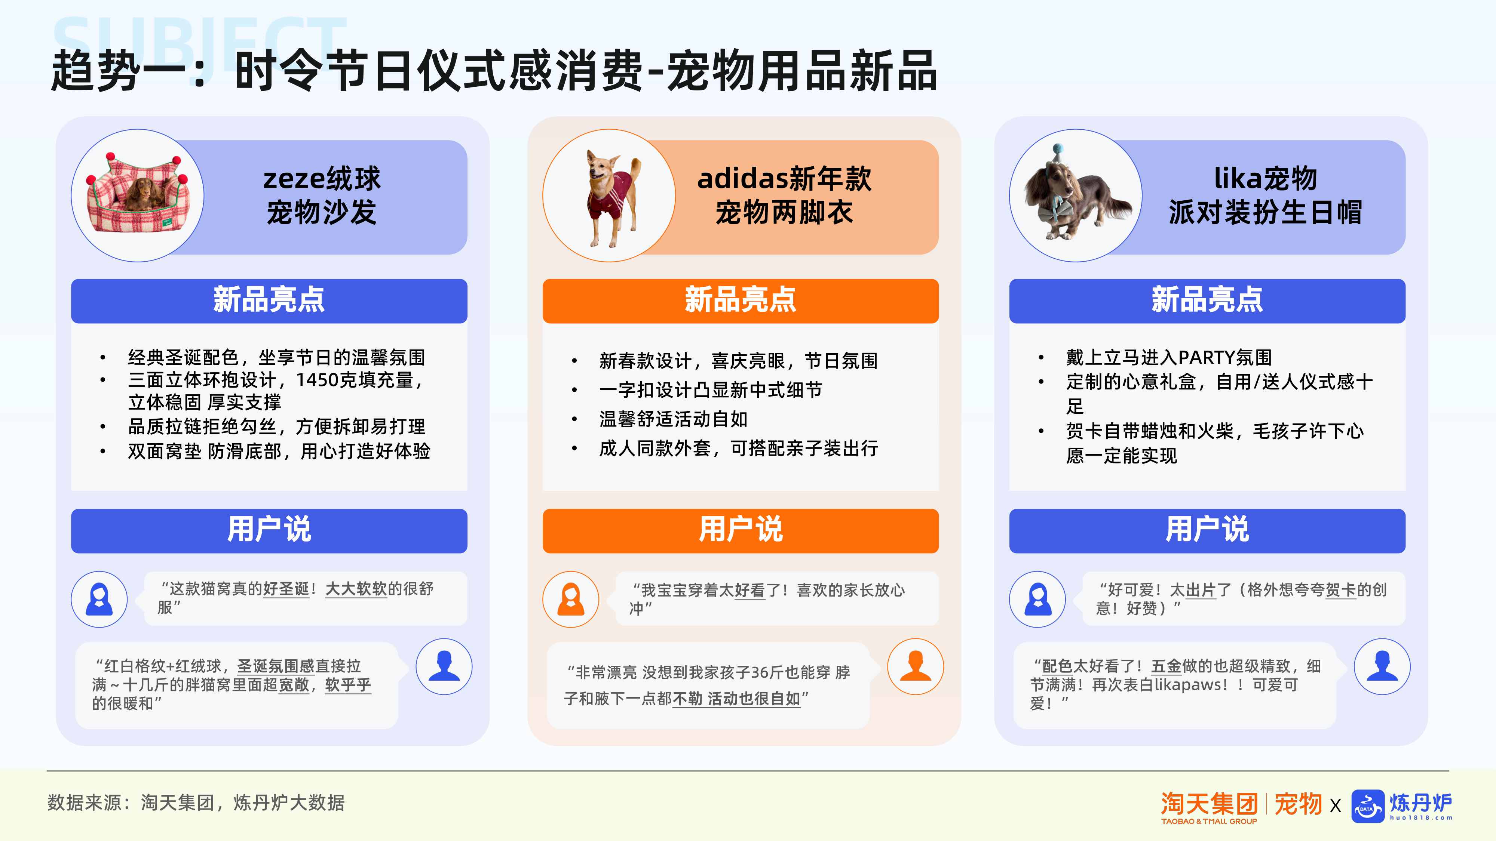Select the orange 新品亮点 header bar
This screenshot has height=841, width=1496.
741,301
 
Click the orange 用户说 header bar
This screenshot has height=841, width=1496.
741,530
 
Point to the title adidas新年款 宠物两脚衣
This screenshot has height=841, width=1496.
784,195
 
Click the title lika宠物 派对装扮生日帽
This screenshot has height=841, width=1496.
1265,195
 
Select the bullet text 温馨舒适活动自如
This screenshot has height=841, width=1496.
673,419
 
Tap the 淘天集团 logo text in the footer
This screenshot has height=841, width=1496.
1209,804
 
